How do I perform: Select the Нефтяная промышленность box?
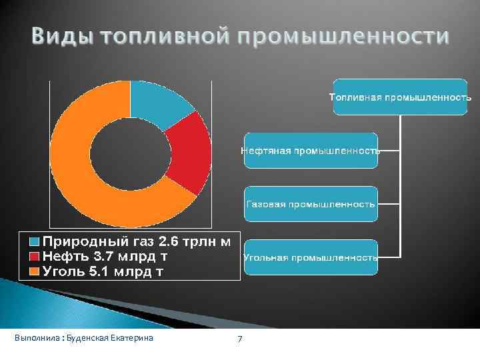(310, 151)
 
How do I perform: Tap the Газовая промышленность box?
(310, 203)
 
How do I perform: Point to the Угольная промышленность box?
(310, 257)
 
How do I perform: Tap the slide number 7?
(240, 339)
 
